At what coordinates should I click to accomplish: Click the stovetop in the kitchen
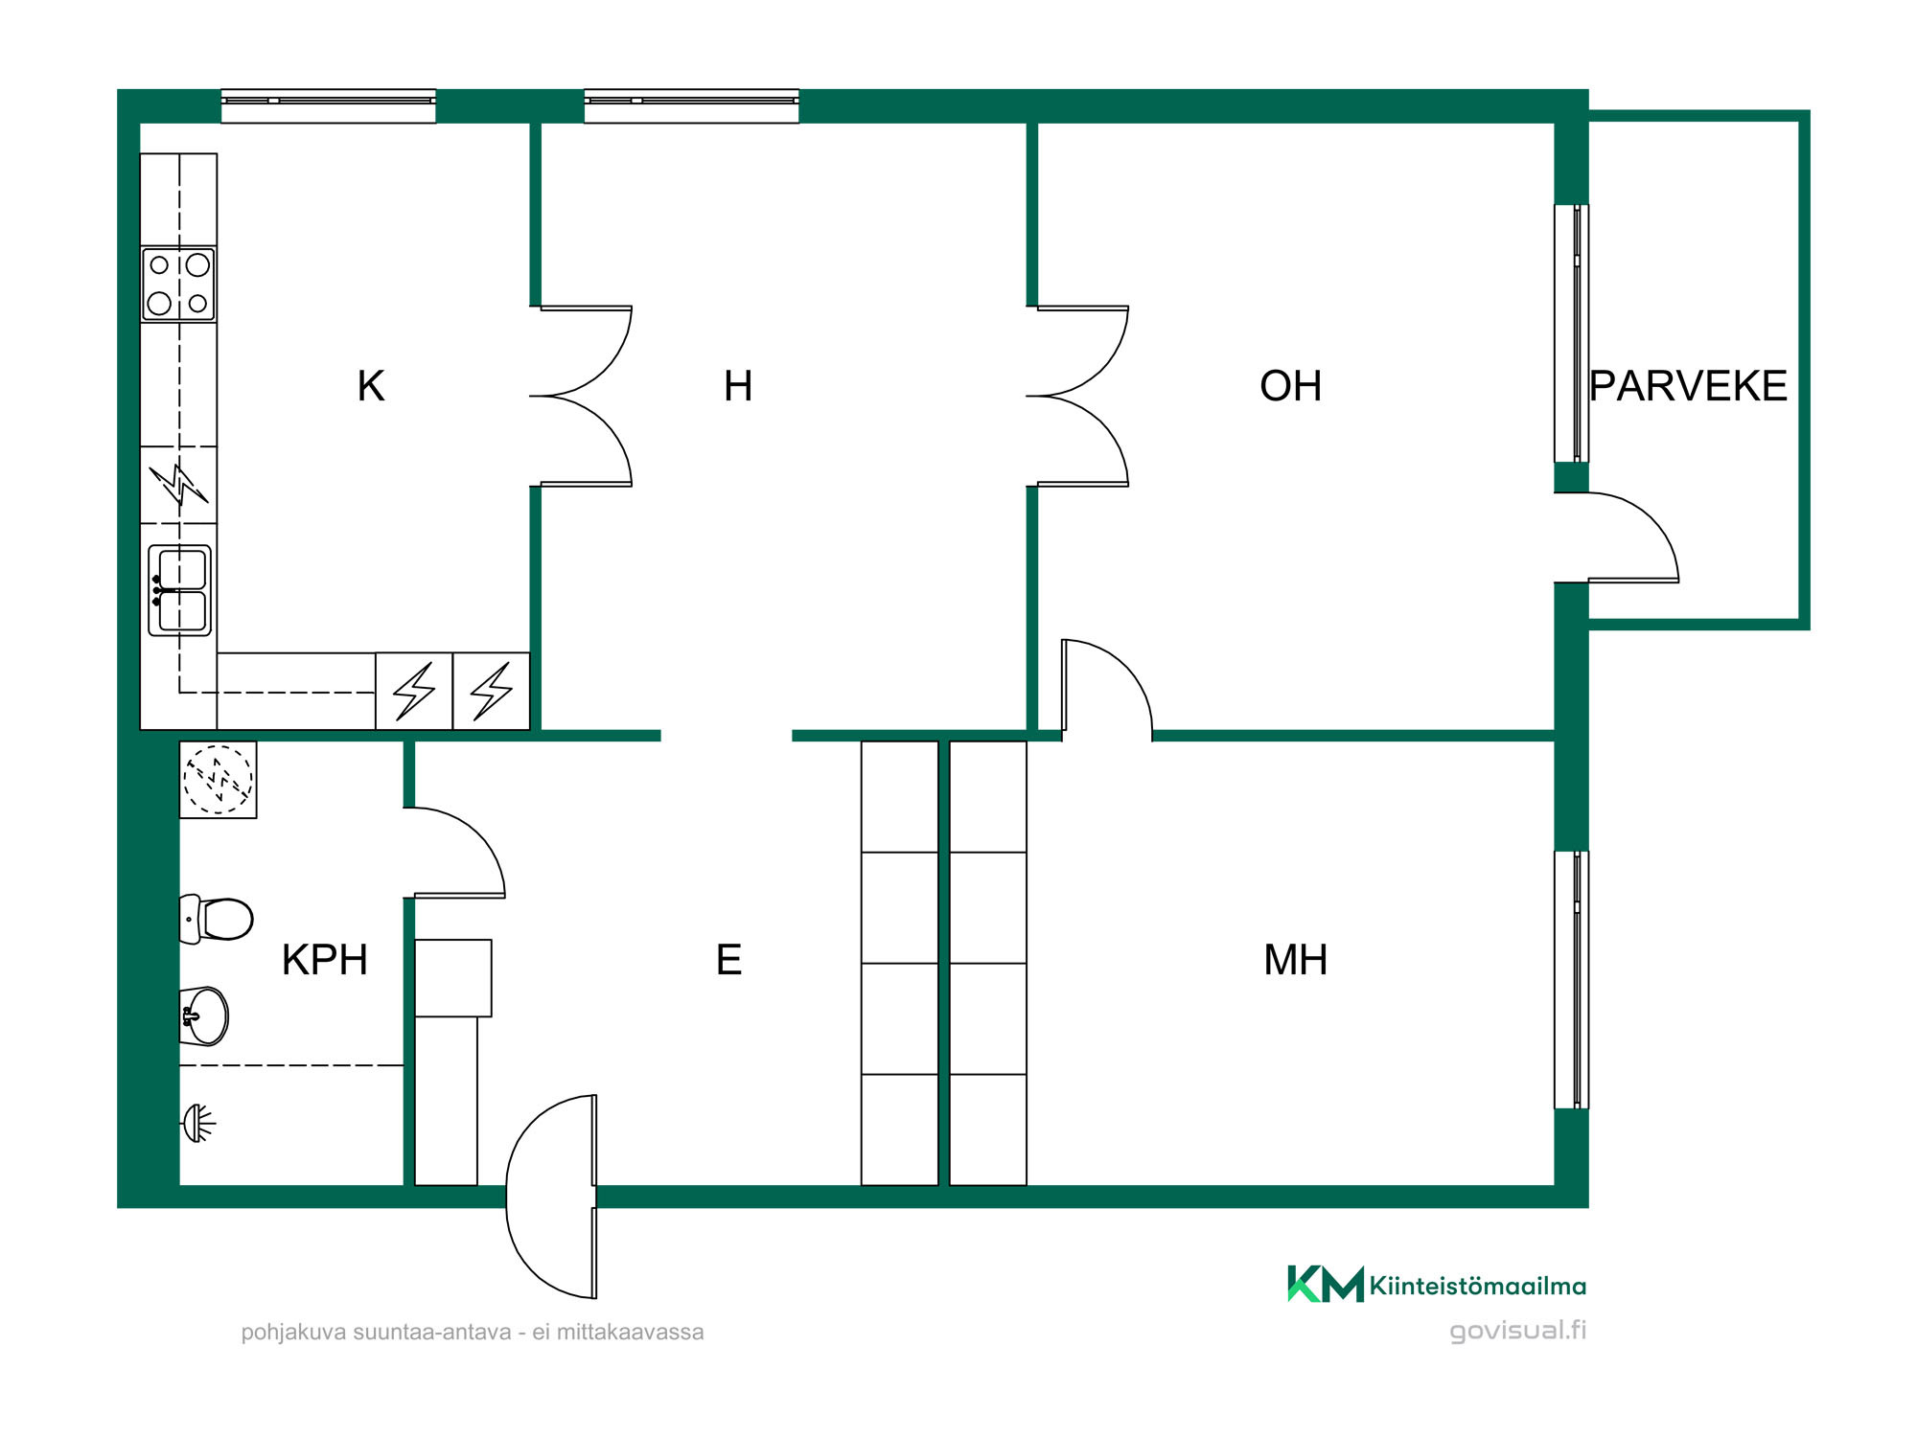(178, 285)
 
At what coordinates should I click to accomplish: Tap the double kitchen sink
(179, 590)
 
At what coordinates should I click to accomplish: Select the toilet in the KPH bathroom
(217, 920)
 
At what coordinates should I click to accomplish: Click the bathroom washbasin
(204, 1015)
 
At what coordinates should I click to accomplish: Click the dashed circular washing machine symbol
(219, 780)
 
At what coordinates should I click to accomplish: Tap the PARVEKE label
(1688, 386)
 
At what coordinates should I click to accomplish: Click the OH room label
(1290, 386)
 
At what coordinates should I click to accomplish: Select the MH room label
(1296, 960)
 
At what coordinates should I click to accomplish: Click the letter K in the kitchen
(371, 386)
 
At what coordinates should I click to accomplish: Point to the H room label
(738, 386)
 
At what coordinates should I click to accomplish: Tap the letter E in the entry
(728, 960)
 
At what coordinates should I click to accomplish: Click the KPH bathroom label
(325, 960)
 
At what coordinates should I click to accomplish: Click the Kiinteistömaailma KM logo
(1325, 1284)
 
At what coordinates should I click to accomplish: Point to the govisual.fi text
(1517, 1331)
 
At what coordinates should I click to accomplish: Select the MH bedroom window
(1572, 980)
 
